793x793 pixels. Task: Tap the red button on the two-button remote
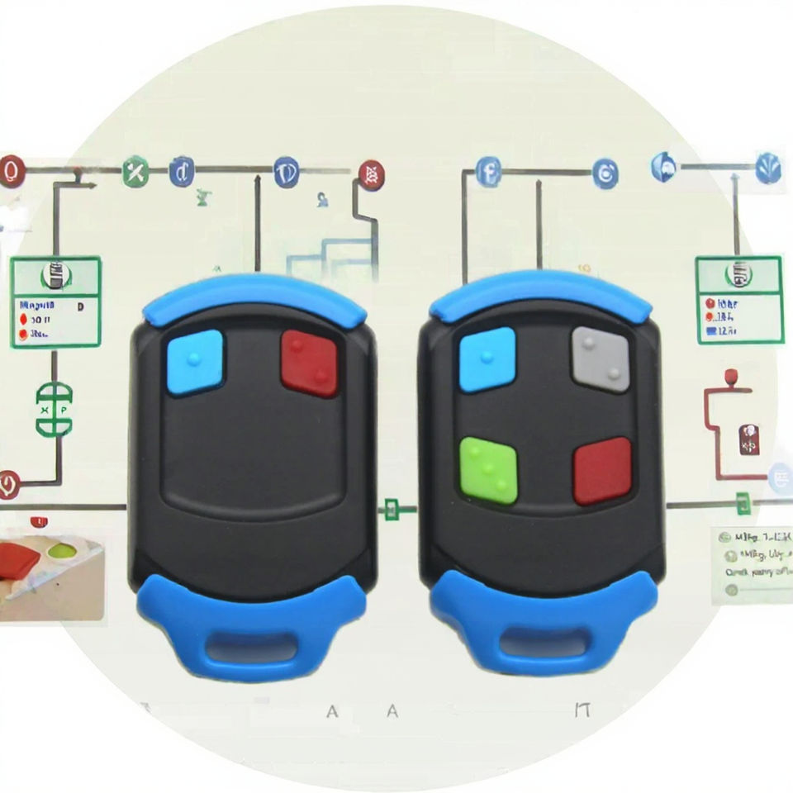[310, 362]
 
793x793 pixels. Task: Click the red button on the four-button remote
[602, 471]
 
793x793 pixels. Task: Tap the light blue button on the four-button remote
[487, 359]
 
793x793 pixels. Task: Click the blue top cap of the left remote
[254, 297]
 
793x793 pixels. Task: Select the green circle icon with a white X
[134, 173]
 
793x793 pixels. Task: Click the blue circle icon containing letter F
[489, 173]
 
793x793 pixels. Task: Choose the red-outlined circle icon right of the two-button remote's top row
[371, 174]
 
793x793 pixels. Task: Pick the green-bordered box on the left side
[56, 302]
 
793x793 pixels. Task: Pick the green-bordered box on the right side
[738, 299]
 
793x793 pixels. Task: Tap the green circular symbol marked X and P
[54, 408]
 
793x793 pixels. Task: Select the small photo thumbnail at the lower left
[51, 570]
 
